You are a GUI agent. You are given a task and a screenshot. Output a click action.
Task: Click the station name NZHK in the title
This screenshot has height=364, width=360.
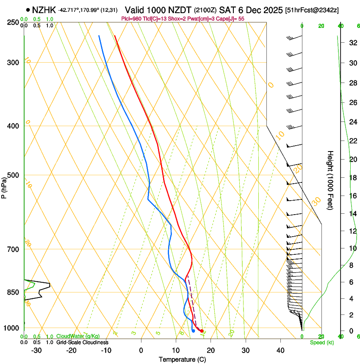[x=44, y=9]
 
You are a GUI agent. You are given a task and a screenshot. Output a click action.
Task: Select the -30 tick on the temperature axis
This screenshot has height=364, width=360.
[x=36, y=350]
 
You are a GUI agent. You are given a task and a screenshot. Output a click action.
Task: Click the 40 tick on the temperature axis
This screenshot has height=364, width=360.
[x=280, y=350]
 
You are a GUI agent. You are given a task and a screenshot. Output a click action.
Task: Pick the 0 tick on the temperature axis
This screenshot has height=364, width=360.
[x=141, y=350]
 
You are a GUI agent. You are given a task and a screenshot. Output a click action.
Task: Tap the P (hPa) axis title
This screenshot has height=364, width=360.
[x=4, y=186]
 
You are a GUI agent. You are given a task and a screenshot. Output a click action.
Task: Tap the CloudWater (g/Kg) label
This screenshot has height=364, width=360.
[x=72, y=336]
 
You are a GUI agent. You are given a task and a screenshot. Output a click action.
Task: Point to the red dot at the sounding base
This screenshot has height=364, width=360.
[x=202, y=331]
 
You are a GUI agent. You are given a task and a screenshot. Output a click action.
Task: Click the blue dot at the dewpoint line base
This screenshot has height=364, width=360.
[x=193, y=331]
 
